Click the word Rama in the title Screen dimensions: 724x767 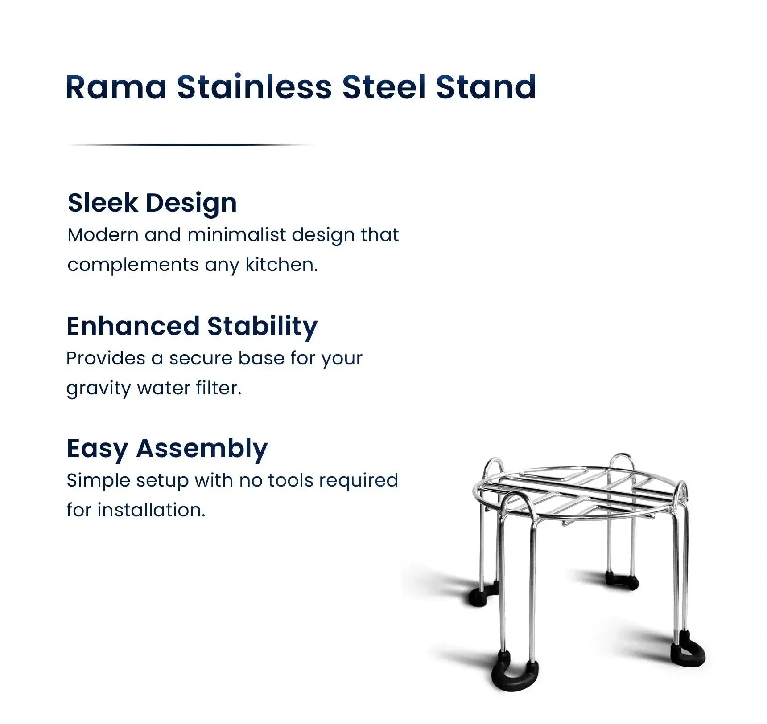pyautogui.click(x=116, y=87)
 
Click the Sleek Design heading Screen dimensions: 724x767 pyautogui.click(x=152, y=203)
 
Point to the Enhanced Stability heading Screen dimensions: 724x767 pyautogui.click(x=192, y=326)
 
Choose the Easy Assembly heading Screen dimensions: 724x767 pyautogui.click(x=167, y=448)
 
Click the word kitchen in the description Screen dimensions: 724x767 pyautogui.click(x=281, y=265)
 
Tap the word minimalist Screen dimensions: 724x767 pyautogui.click(x=237, y=235)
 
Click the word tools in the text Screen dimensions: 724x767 pyautogui.click(x=291, y=480)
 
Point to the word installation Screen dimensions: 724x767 pyautogui.click(x=151, y=510)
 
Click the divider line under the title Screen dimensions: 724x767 pyautogui.click(x=192, y=145)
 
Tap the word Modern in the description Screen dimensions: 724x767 pyautogui.click(x=103, y=235)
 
